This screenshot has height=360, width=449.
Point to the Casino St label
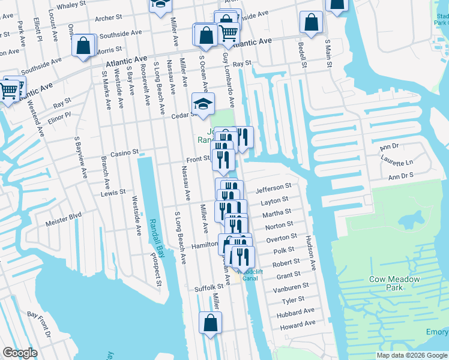click(x=124, y=152)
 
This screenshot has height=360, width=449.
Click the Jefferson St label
click(x=273, y=188)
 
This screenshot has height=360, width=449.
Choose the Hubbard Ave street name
click(x=295, y=312)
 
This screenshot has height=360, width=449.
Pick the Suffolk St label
click(x=209, y=289)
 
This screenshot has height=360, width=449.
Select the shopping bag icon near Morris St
click(x=83, y=45)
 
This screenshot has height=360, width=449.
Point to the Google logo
click(x=20, y=353)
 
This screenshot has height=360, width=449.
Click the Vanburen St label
click(x=293, y=287)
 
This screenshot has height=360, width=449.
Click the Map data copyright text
click(x=412, y=355)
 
